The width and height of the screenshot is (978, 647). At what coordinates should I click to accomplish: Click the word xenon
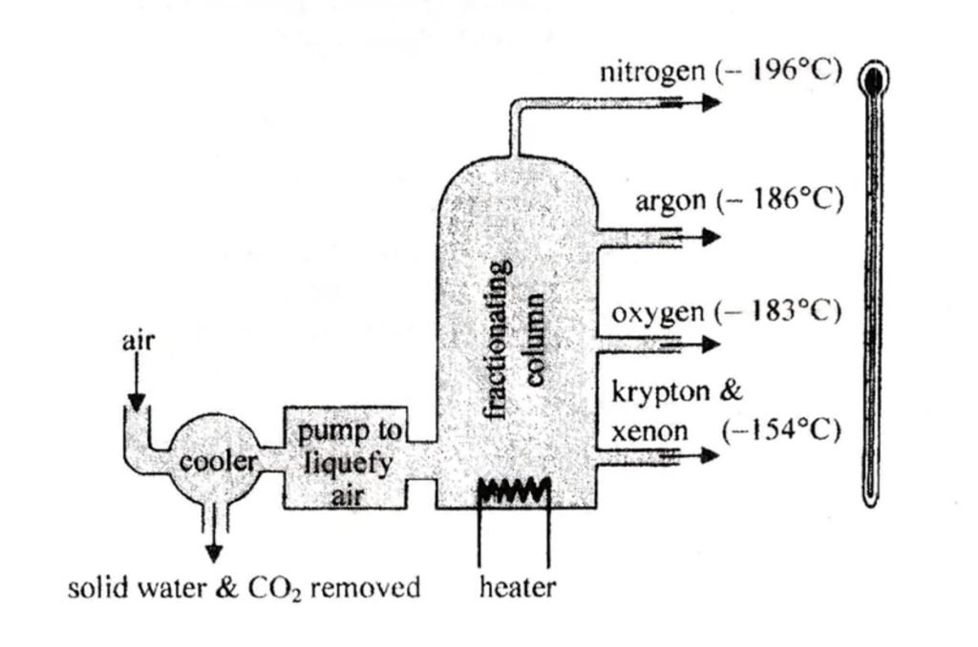tap(648, 431)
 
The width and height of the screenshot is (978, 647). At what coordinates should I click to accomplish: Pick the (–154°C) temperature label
tap(781, 431)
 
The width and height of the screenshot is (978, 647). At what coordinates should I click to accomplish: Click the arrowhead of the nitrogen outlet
tap(711, 102)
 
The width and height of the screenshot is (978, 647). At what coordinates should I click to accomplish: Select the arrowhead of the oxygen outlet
tap(711, 344)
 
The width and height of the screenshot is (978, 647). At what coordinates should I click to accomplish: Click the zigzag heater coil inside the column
tap(514, 490)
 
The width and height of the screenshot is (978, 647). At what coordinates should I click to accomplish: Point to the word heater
tap(517, 587)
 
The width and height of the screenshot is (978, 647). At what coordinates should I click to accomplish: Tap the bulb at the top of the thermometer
tap(873, 81)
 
